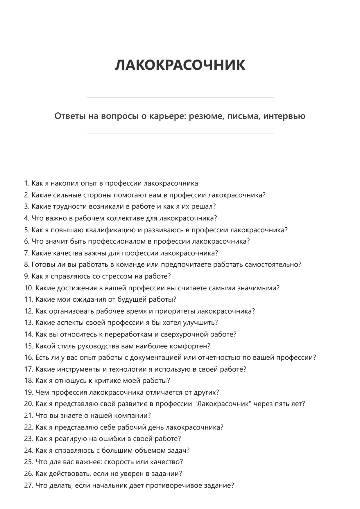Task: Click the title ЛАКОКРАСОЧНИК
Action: (x=180, y=65)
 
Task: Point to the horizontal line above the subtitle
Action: (x=180, y=97)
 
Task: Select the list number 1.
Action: (x=26, y=183)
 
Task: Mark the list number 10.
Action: (x=28, y=288)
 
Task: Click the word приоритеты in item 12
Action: (x=175, y=311)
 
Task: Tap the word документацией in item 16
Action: (x=156, y=357)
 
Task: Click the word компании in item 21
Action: (x=132, y=416)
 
